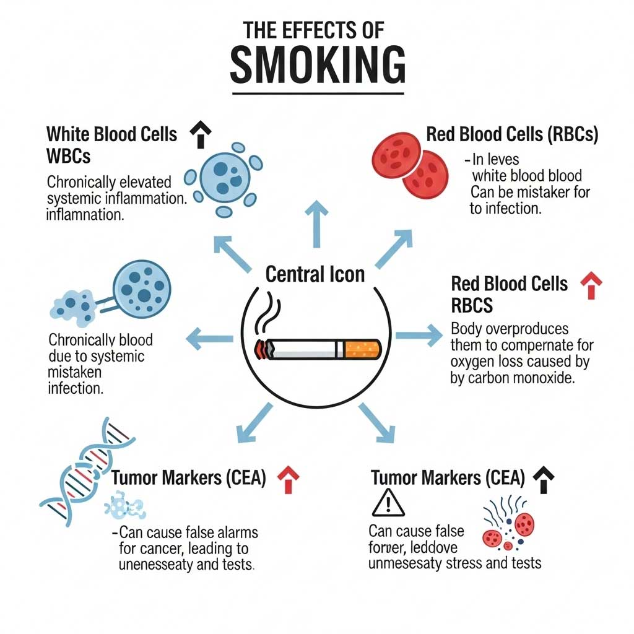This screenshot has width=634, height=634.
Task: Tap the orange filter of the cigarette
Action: (362, 349)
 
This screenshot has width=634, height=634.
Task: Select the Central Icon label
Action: (315, 274)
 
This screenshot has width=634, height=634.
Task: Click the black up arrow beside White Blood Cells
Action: (201, 134)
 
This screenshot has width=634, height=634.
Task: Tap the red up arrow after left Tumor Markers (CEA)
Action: (288, 479)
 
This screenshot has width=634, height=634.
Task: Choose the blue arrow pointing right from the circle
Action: (419, 336)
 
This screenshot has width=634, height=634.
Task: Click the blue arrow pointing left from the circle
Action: (209, 338)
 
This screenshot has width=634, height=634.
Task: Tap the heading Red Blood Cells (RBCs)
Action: (512, 135)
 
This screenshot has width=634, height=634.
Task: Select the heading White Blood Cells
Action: (111, 134)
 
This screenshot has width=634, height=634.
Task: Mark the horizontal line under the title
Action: (318, 93)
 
